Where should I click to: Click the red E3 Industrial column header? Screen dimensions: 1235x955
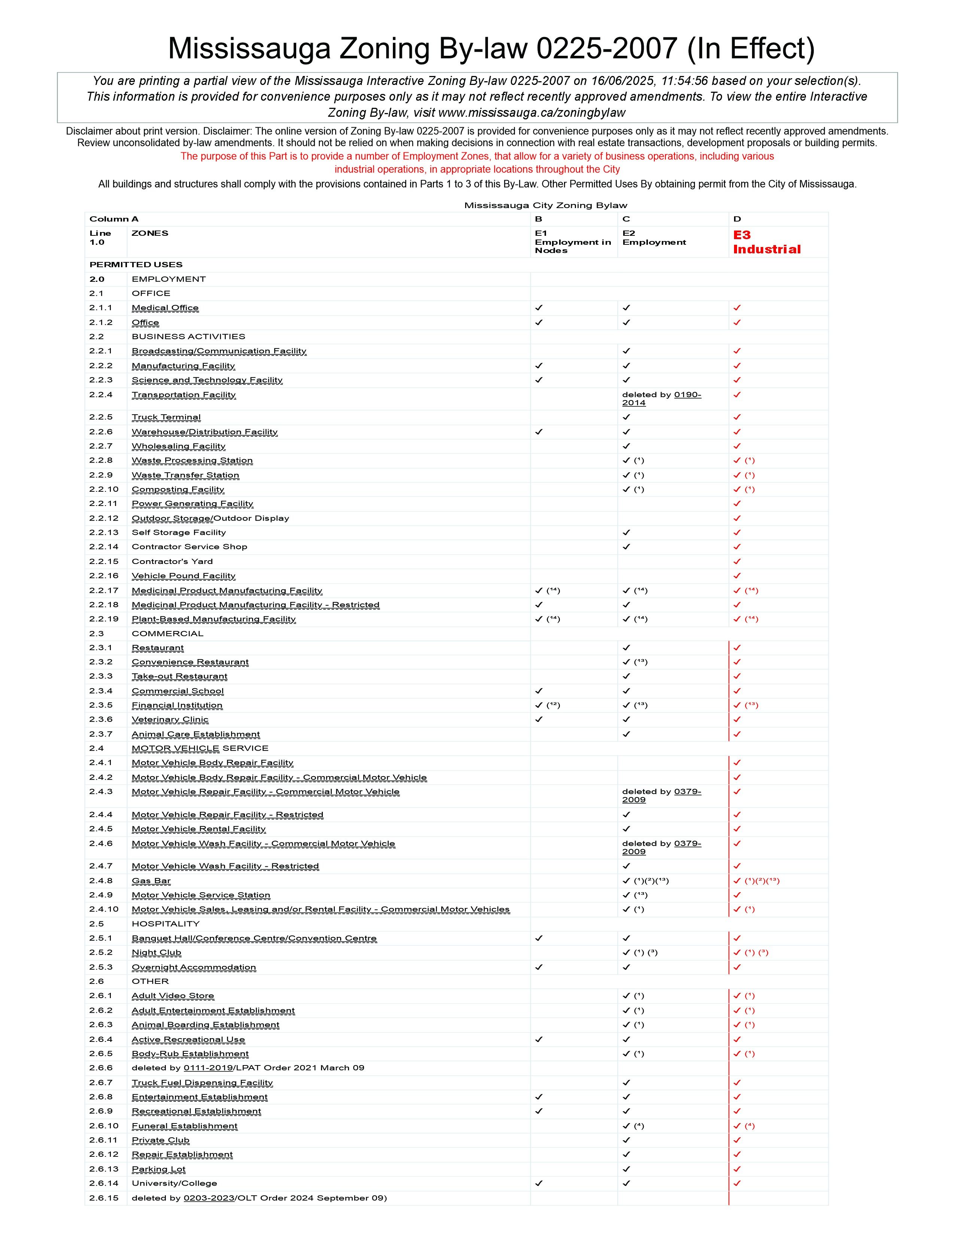[x=767, y=242]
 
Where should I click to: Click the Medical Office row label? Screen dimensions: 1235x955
[x=165, y=308]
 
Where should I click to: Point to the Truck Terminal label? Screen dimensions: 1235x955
[x=166, y=417]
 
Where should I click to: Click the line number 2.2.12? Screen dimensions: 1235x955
[x=104, y=518]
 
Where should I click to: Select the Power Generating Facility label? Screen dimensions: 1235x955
[x=192, y=504]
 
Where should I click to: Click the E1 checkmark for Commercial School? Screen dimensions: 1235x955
[x=539, y=691]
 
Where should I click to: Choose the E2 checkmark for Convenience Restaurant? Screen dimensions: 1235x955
[x=626, y=662]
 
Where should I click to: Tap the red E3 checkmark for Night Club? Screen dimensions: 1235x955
[x=737, y=953]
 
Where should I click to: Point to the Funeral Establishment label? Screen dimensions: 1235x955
[x=184, y=1126]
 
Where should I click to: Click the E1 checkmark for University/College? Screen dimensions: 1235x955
[x=539, y=1183]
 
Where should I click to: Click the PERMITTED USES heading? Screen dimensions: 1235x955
[x=136, y=265]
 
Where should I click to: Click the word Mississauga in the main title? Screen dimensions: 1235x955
[x=249, y=49]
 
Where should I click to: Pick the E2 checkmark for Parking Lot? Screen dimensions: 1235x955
[x=626, y=1169]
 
